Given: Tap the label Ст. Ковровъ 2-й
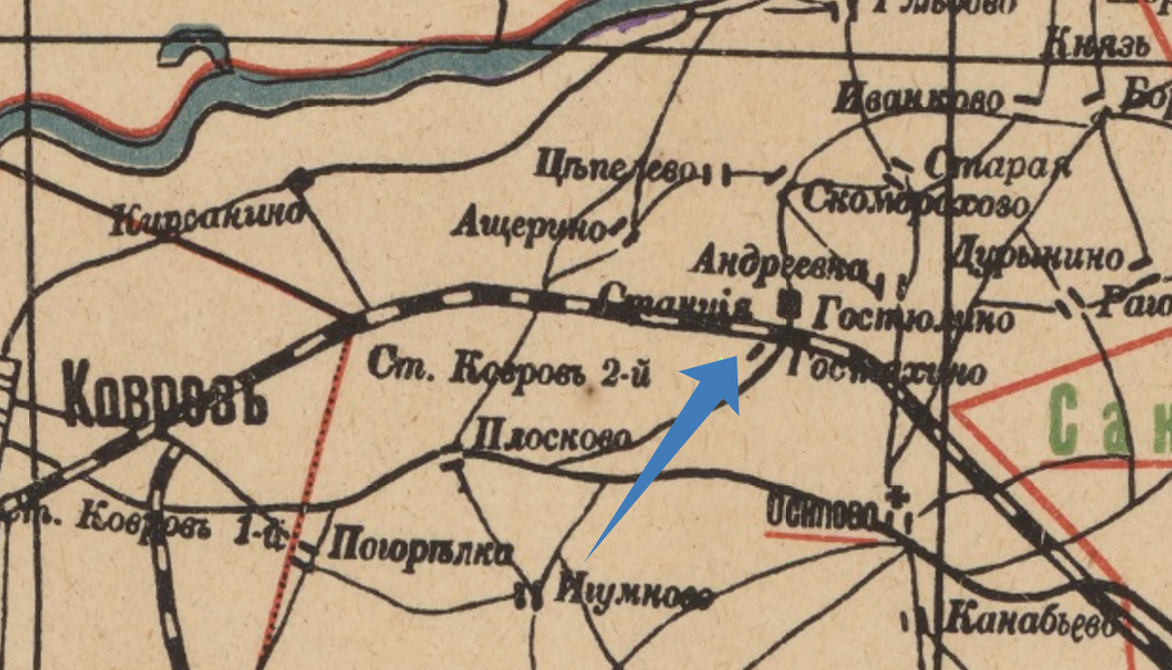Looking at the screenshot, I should click(509, 368).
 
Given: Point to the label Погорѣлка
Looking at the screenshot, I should click(423, 550).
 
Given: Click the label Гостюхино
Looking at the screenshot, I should click(885, 369).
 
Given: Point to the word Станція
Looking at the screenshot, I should click(675, 302).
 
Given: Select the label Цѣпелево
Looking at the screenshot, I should click(613, 168).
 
